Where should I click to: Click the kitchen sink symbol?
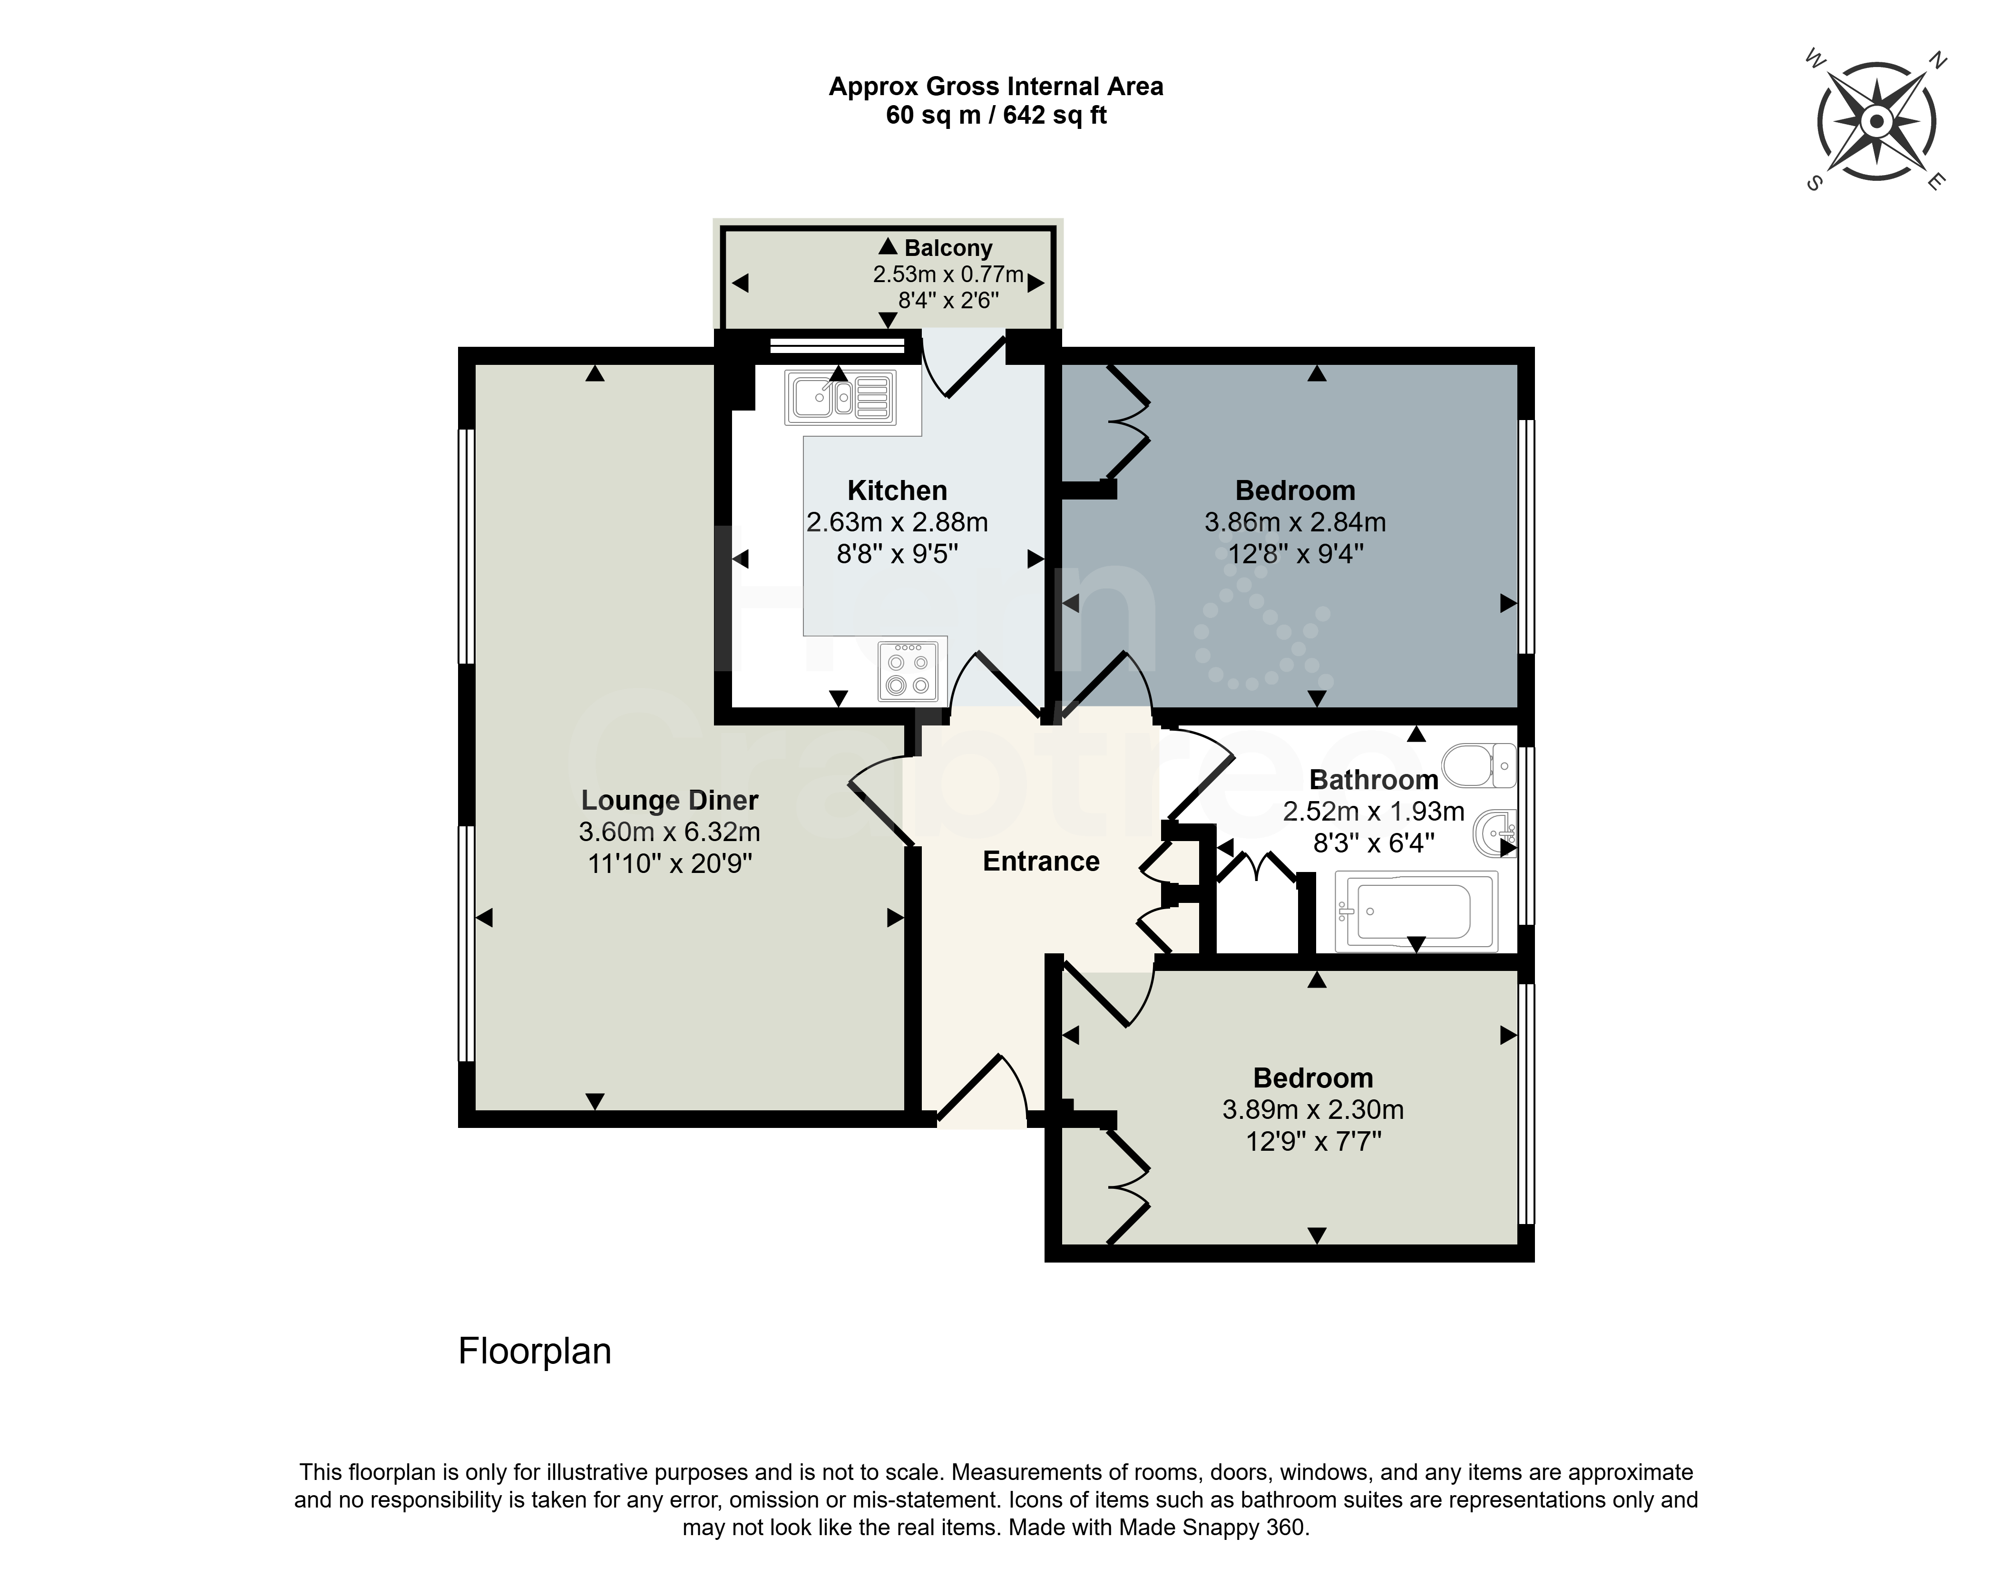(x=840, y=397)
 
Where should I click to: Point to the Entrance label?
(x=1041, y=862)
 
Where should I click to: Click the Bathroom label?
(x=1374, y=780)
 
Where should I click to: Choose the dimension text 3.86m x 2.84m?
(x=1295, y=523)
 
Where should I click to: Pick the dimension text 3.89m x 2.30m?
(x=1313, y=1110)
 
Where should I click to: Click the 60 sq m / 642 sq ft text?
(x=996, y=116)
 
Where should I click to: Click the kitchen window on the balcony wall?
(x=837, y=345)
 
